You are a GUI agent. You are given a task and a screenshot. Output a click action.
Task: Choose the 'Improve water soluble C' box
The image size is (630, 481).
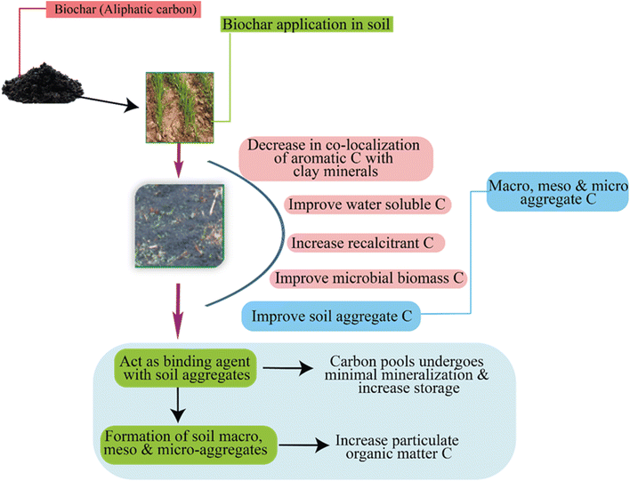coord(367,204)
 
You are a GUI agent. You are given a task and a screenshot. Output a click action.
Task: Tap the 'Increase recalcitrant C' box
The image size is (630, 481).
coord(367,242)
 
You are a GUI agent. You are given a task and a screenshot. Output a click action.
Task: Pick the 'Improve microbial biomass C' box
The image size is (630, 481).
coord(369,278)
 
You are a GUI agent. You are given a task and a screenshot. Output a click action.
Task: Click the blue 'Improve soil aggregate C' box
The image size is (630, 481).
coord(331,316)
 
